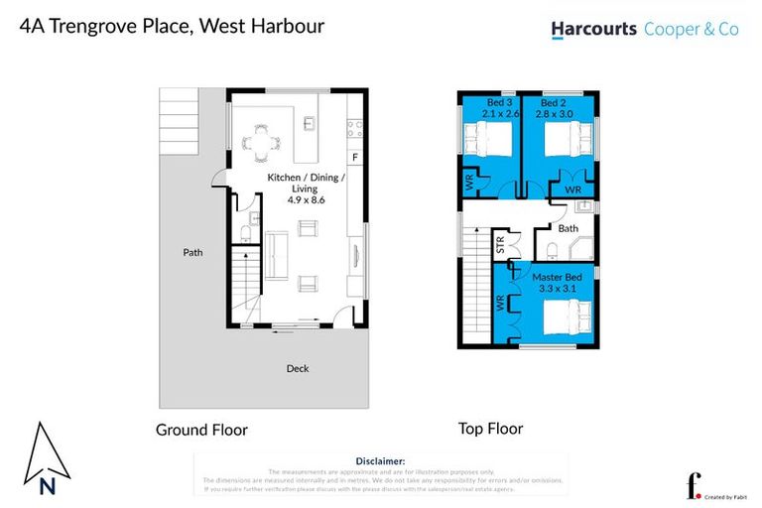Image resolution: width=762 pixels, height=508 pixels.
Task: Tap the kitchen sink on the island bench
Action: [310, 124]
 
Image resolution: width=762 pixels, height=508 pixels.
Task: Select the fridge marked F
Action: [354, 158]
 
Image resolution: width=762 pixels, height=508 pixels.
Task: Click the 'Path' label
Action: [192, 253]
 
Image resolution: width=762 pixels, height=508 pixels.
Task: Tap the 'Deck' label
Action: [298, 369]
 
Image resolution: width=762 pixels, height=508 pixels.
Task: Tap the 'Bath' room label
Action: [568, 228]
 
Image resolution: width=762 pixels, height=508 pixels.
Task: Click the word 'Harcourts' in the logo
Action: [594, 31]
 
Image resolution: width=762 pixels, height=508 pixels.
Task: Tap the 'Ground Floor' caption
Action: [201, 431]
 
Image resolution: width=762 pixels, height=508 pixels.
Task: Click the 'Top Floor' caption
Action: [490, 429]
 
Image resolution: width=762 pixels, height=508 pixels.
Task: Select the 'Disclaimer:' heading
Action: [380, 461]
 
